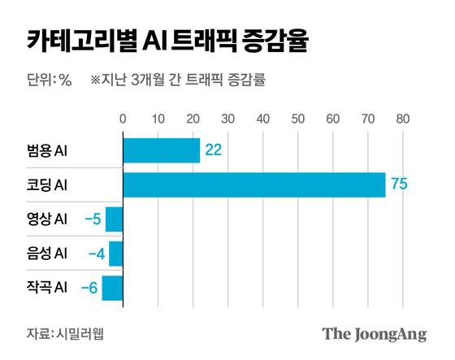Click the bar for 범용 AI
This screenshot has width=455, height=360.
pos(161,150)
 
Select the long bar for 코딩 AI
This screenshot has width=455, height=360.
pos(253,185)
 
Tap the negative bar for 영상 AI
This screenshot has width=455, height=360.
pos(114,219)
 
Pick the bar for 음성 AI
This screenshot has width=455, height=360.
pos(115,254)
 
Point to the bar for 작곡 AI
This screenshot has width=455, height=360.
pos(112,288)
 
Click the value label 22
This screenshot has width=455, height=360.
pos(214,150)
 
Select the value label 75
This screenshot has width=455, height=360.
pos(398,185)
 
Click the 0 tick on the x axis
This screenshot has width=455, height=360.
pos(123,119)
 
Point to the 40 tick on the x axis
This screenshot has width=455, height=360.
pos(262,119)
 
